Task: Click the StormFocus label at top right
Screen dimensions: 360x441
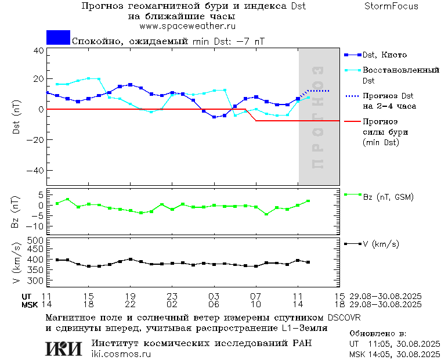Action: tap(391, 6)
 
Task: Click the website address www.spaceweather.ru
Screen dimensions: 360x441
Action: tap(187, 26)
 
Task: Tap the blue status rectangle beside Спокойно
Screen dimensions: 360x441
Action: tap(58, 38)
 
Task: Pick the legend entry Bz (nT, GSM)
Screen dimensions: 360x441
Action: tap(388, 197)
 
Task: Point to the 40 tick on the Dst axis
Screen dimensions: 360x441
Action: tap(38, 50)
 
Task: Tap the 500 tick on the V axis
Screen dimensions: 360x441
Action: tap(36, 240)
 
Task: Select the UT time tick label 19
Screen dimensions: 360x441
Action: tap(131, 296)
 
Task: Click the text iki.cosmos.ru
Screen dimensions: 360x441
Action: tap(121, 354)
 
